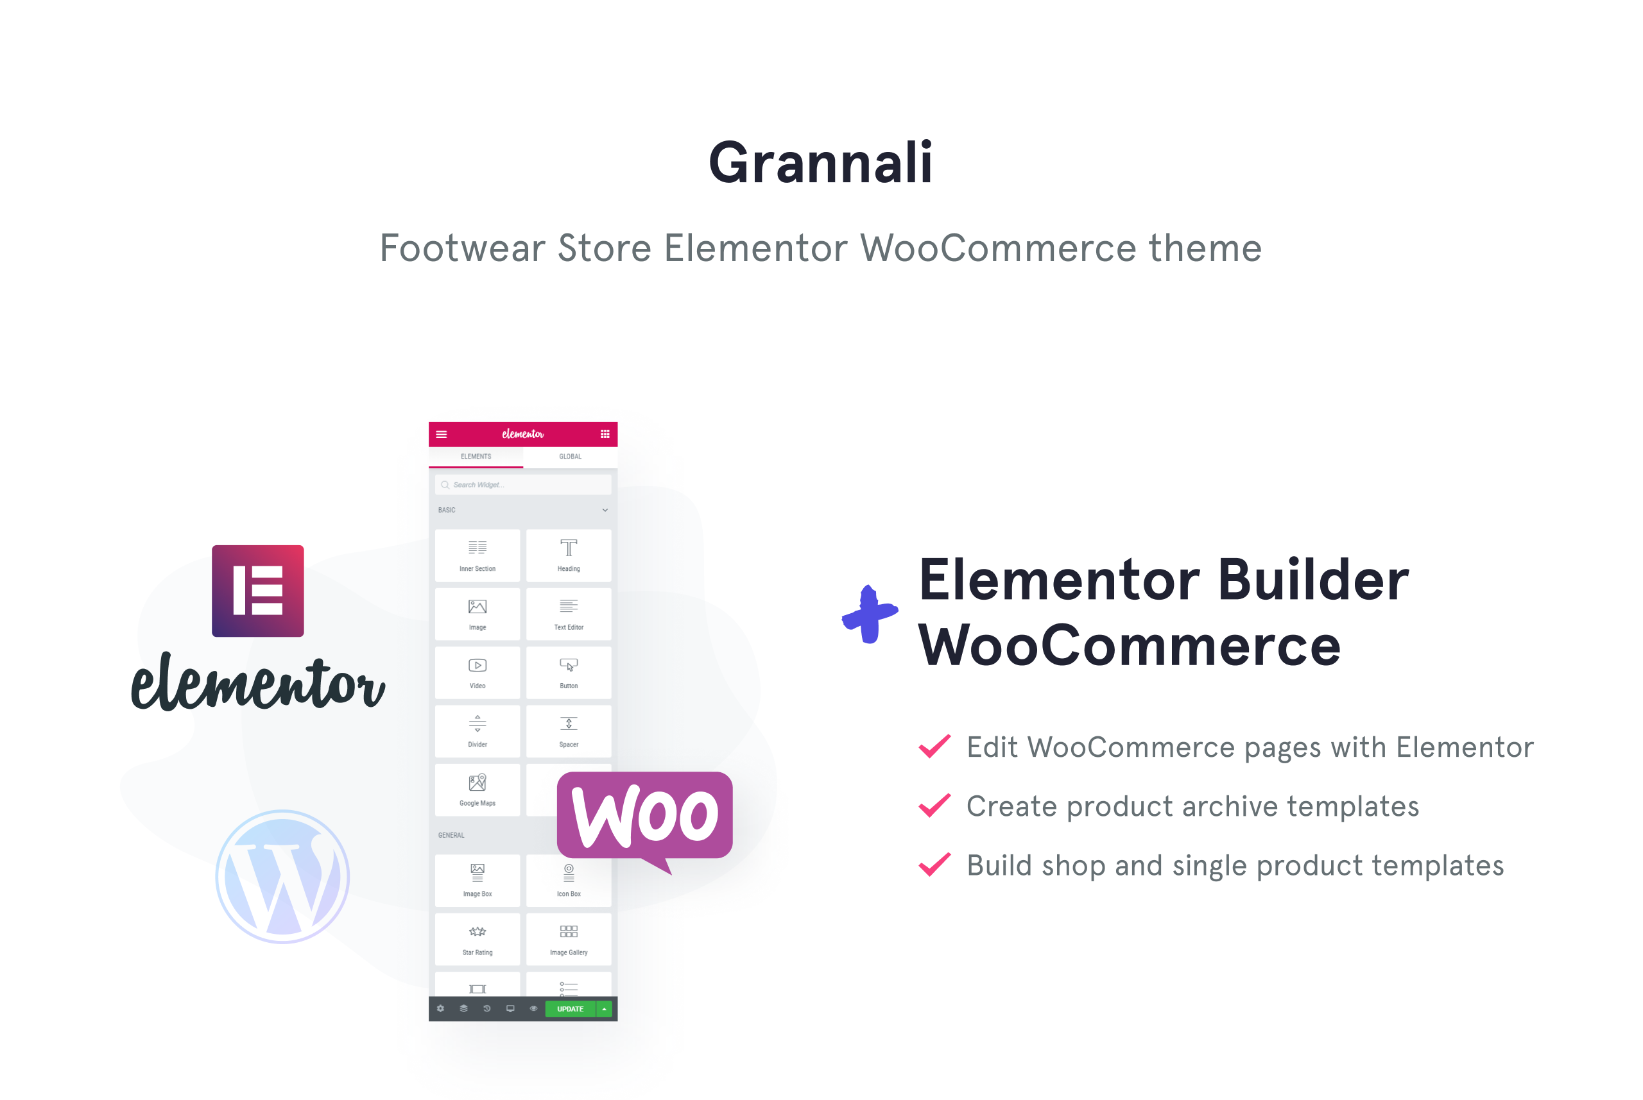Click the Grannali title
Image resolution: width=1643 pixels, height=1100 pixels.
coord(820,163)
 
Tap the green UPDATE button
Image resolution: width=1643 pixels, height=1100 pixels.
coord(570,1009)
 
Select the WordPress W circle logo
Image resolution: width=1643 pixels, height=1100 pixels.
coord(282,876)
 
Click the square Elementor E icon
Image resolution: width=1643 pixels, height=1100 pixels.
coord(257,591)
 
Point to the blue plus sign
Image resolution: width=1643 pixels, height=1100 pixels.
coord(870,614)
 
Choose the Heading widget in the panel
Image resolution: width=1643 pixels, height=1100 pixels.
coord(569,555)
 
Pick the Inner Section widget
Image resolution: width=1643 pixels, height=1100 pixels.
coord(477,555)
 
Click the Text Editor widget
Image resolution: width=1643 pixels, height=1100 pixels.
coord(569,614)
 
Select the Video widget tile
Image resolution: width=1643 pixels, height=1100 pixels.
coord(477,672)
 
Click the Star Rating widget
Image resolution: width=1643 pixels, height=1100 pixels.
coord(477,938)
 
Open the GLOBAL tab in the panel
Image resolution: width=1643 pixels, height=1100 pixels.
coord(570,457)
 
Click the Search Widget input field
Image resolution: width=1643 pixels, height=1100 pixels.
coord(523,485)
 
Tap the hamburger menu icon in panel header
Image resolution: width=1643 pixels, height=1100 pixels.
coord(442,434)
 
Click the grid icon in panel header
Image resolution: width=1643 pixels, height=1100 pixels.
coord(605,434)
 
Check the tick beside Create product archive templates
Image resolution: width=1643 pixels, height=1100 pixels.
coord(935,806)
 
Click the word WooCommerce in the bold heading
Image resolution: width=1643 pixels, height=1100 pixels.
coord(1130,646)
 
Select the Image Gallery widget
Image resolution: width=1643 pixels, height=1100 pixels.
coord(569,938)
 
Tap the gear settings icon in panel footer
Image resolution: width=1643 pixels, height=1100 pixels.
coord(440,1009)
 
